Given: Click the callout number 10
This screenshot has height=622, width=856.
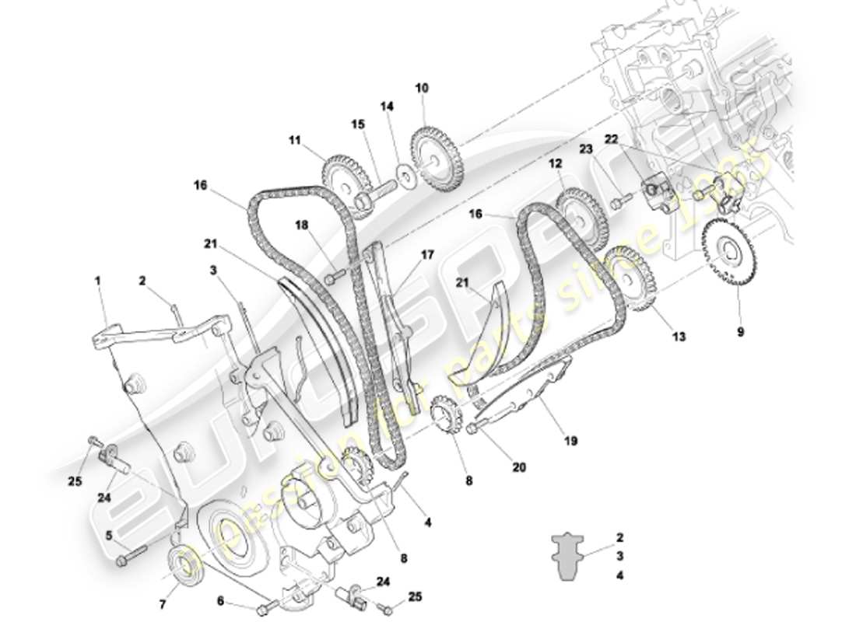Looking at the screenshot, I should coord(421,89).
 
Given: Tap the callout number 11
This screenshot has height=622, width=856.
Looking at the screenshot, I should coord(294,141).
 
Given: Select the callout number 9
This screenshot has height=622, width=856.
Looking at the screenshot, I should coord(740,332).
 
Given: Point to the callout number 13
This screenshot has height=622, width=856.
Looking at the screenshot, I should coord(679,337).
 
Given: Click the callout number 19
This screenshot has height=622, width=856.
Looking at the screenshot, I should coord(570,441).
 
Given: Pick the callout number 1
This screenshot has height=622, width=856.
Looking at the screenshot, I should coord(99,279).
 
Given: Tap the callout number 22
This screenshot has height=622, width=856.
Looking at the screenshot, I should coord(612,139).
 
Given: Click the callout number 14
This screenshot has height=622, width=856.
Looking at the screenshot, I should coord(388,106).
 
